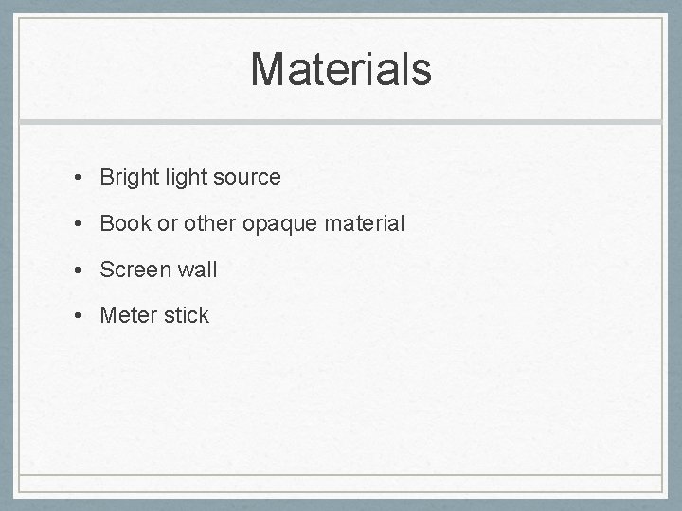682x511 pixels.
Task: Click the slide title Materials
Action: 341,69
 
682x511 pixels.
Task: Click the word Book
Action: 120,223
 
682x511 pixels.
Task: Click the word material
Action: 365,223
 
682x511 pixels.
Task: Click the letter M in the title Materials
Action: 270,69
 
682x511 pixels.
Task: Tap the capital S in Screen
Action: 106,270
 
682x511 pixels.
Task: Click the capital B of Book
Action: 106,223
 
